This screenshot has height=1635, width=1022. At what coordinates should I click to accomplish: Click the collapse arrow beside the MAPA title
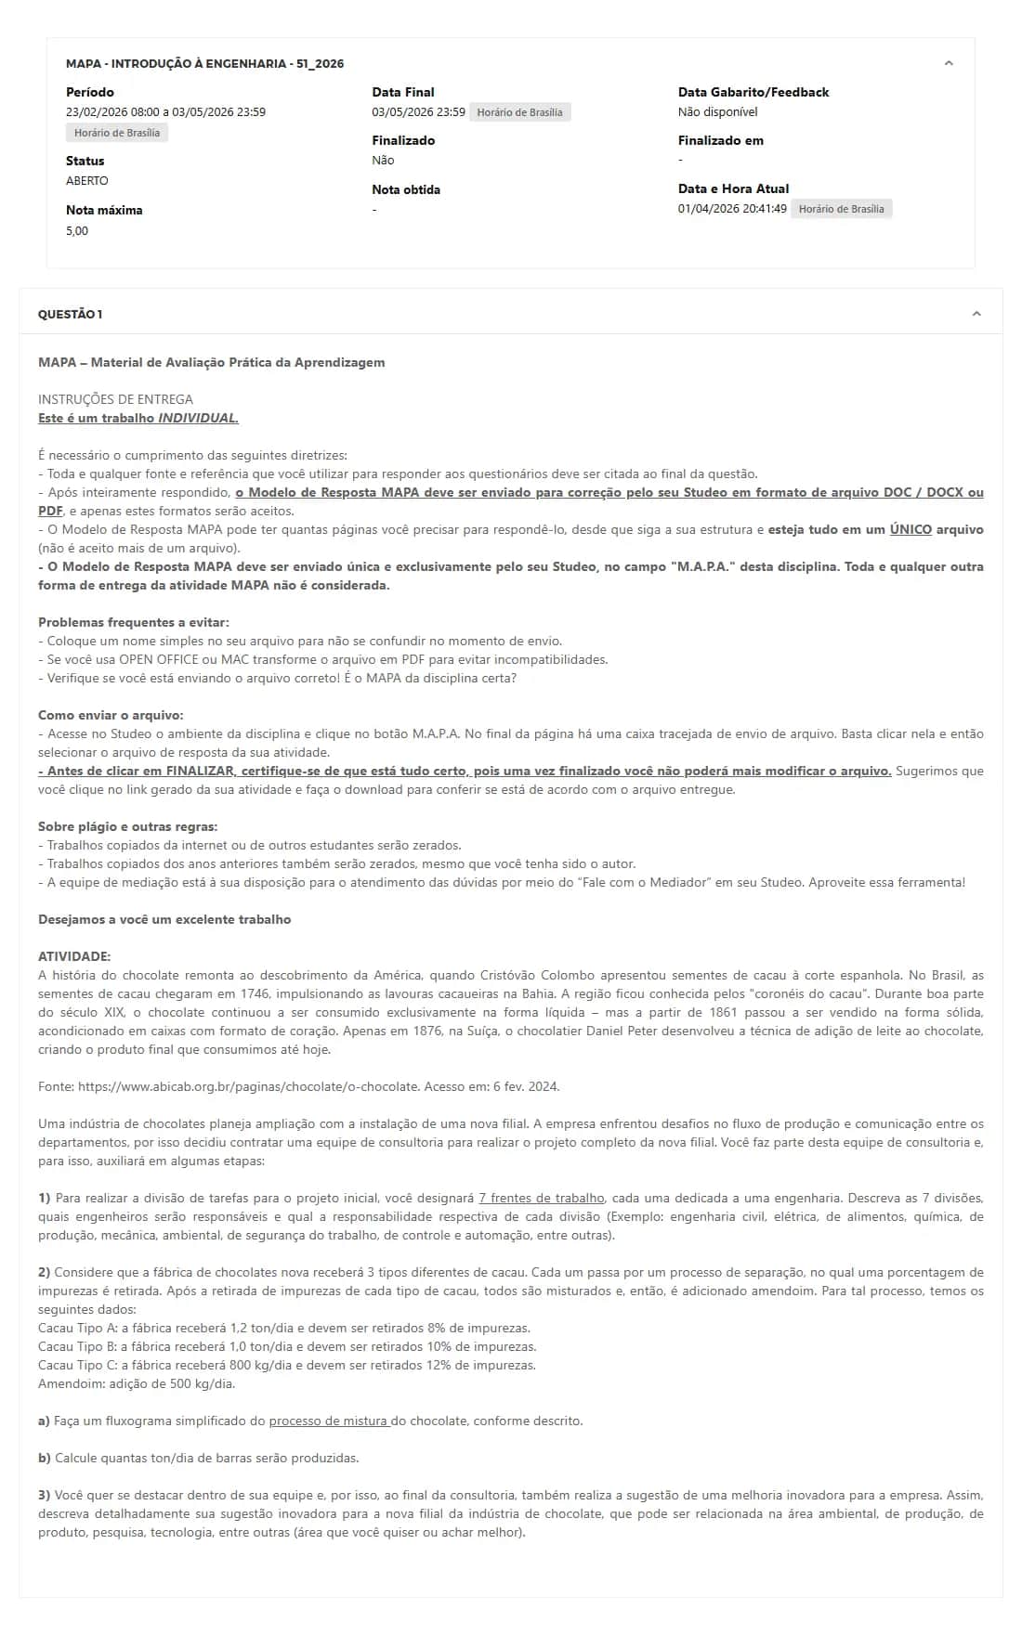[x=949, y=63]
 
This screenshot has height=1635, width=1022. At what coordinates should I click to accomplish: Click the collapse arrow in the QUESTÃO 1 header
[x=976, y=314]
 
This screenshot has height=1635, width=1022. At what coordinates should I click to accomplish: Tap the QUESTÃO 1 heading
[x=71, y=315]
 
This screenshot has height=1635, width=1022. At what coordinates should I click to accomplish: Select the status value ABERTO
[x=87, y=181]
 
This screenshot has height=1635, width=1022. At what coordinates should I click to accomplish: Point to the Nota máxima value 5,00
[x=77, y=231]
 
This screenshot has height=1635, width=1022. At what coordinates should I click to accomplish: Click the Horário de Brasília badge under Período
[x=117, y=133]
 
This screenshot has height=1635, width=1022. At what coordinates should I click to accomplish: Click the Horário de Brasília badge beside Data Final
[x=519, y=112]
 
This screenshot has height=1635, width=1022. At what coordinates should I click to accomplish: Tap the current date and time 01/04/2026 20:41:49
[x=732, y=209]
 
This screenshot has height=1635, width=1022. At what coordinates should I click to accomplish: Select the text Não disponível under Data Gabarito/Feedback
[x=717, y=112]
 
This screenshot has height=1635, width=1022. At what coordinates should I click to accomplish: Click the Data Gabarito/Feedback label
[x=753, y=92]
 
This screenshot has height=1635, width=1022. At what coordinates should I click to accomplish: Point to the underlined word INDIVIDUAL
[x=198, y=418]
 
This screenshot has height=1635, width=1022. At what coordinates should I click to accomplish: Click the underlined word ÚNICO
[x=910, y=529]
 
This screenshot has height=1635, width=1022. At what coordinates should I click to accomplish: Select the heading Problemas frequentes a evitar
[x=133, y=622]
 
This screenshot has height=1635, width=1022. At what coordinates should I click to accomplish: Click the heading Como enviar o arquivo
[x=111, y=715]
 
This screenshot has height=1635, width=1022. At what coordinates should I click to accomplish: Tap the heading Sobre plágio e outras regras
[x=127, y=826]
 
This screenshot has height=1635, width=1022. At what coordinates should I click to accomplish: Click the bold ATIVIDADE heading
[x=74, y=956]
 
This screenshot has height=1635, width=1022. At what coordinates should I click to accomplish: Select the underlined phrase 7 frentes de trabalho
[x=541, y=1198]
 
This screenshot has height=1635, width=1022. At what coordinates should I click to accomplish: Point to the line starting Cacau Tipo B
[x=287, y=1346]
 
